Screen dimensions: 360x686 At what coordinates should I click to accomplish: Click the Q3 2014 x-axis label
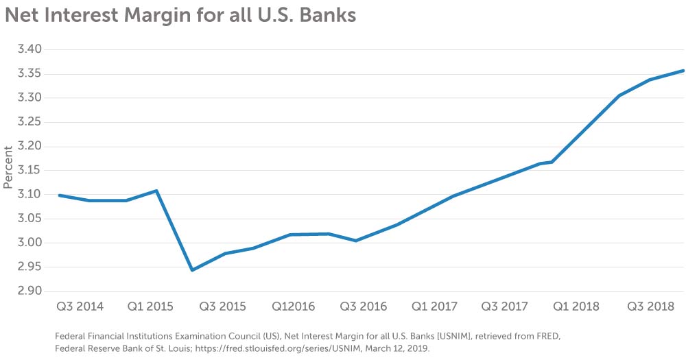click(x=80, y=307)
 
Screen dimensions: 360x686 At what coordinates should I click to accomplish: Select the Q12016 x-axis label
click(x=293, y=307)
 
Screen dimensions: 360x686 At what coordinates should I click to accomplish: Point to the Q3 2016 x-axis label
click(x=364, y=307)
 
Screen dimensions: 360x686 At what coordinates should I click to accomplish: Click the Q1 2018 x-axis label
click(x=576, y=307)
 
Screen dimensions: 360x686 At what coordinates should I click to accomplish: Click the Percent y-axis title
click(x=8, y=167)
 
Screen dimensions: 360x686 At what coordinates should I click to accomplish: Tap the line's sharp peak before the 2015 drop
click(x=157, y=191)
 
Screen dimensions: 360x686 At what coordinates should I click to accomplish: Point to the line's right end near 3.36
click(x=683, y=71)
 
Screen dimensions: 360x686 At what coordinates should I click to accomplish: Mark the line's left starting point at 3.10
click(x=60, y=195)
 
